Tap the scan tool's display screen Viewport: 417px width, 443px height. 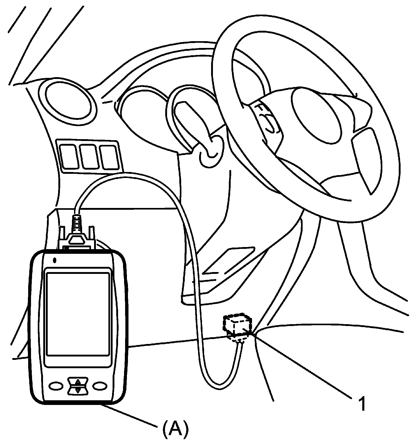(x=77, y=314)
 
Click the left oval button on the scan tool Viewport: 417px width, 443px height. (x=56, y=386)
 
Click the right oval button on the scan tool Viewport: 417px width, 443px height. (x=100, y=386)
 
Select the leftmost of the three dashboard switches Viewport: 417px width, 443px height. (x=69, y=157)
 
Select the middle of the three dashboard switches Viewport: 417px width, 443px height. (x=89, y=157)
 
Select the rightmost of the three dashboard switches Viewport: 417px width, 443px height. (x=109, y=157)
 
